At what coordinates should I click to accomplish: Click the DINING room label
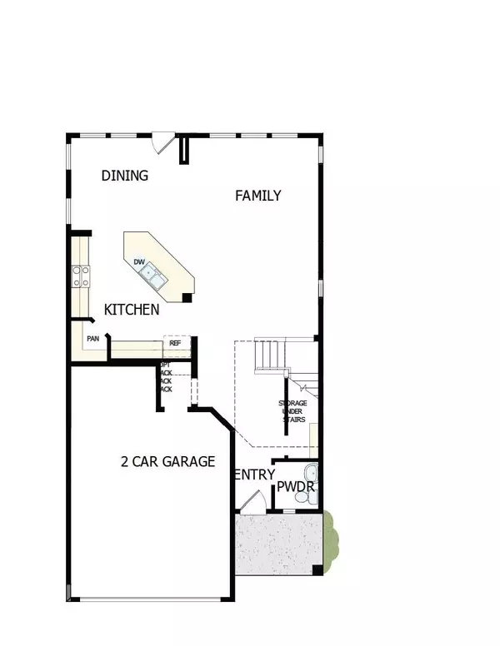125,176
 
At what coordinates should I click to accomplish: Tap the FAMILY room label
257,196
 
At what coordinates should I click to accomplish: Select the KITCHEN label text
132,310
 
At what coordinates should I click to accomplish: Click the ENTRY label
254,475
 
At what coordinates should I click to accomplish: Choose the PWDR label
295,486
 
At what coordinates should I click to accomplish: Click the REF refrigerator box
176,343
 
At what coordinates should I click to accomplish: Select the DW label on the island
140,263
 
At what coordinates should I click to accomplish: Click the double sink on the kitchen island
152,272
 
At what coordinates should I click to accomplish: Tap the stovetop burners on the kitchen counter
80,275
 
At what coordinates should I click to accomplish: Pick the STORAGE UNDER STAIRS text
292,411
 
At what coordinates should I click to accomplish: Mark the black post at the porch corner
317,570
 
